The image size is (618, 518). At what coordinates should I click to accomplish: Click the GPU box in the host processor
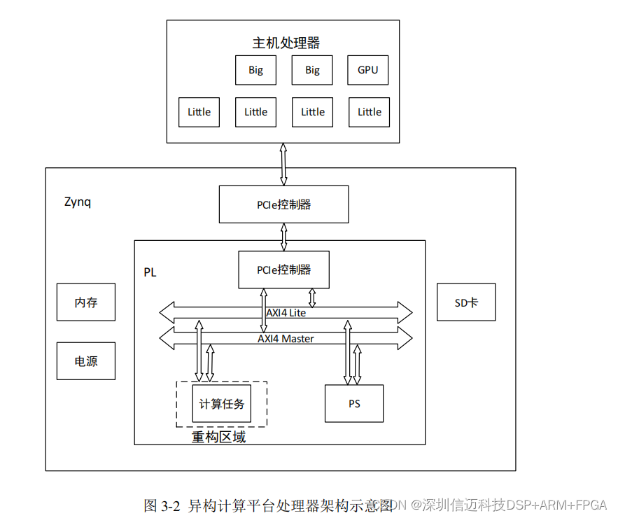(x=367, y=70)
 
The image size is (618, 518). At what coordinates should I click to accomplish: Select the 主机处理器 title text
(x=286, y=43)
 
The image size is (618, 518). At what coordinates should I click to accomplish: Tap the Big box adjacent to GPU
(x=312, y=70)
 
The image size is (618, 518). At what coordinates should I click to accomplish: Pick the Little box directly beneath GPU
(x=369, y=112)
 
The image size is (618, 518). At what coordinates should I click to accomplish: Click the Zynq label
(x=78, y=202)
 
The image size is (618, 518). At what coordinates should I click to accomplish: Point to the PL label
(x=150, y=272)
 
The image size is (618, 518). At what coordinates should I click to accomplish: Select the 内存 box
(x=86, y=303)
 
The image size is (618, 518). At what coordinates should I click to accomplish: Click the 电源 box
(x=86, y=361)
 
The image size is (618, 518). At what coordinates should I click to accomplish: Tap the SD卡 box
(x=466, y=302)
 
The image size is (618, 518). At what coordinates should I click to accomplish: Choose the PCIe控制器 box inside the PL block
(x=283, y=270)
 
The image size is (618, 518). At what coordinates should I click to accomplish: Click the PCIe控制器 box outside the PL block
(x=283, y=204)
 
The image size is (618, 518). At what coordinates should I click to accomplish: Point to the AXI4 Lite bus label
(x=286, y=313)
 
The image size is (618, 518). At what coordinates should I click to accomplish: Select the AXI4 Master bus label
(x=286, y=339)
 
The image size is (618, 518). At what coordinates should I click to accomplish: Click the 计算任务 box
(x=221, y=404)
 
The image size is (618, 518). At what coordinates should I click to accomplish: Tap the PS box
(x=354, y=404)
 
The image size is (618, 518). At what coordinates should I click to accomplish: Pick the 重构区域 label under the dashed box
(x=218, y=437)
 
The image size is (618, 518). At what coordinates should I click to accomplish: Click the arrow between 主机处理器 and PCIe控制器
(x=283, y=164)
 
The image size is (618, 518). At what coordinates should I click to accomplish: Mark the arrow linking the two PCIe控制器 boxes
(x=283, y=237)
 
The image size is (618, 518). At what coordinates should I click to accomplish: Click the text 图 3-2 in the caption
(x=162, y=505)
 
